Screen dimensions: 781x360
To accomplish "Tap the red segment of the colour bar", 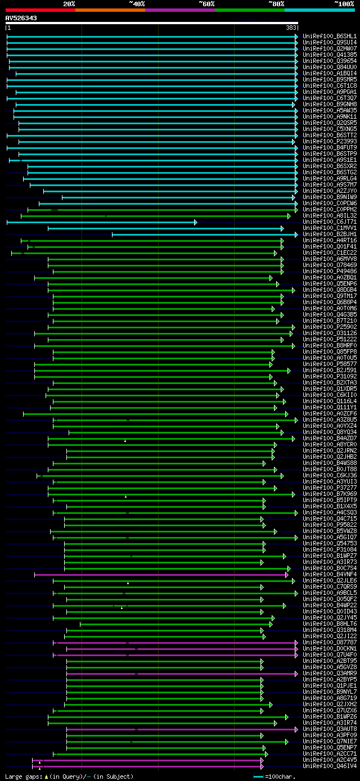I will [x=40, y=10].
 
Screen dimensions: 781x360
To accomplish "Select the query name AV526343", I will [x=21, y=18].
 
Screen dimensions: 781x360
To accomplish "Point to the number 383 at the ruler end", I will [x=291, y=28].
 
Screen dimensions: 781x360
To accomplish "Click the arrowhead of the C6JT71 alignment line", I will [x=195, y=222].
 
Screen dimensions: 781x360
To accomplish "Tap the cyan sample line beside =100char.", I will [x=258, y=777].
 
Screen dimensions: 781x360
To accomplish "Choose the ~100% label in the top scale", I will [x=344, y=4].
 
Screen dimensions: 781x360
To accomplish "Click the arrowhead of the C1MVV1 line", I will [x=282, y=228].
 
